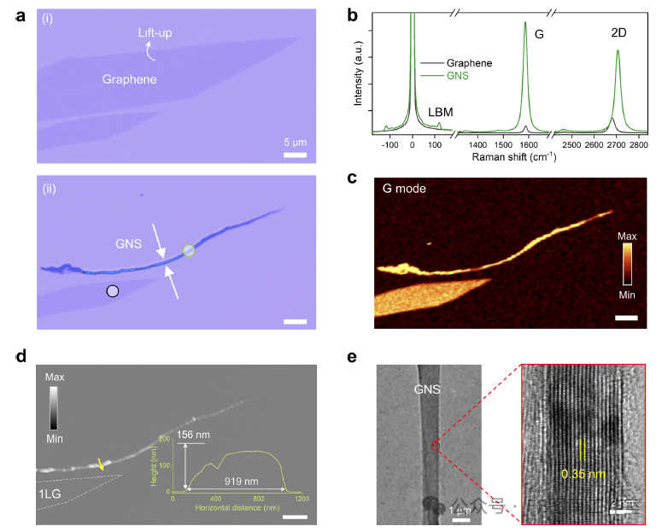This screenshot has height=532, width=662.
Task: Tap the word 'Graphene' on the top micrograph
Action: coord(130,79)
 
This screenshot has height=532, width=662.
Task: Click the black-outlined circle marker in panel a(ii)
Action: coord(112,290)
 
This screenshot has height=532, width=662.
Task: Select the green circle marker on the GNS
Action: coord(188,250)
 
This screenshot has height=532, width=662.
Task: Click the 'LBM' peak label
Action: coord(440,112)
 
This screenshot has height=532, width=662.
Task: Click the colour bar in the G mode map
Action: coord(627,260)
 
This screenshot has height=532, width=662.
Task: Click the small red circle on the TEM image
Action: coord(435,445)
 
